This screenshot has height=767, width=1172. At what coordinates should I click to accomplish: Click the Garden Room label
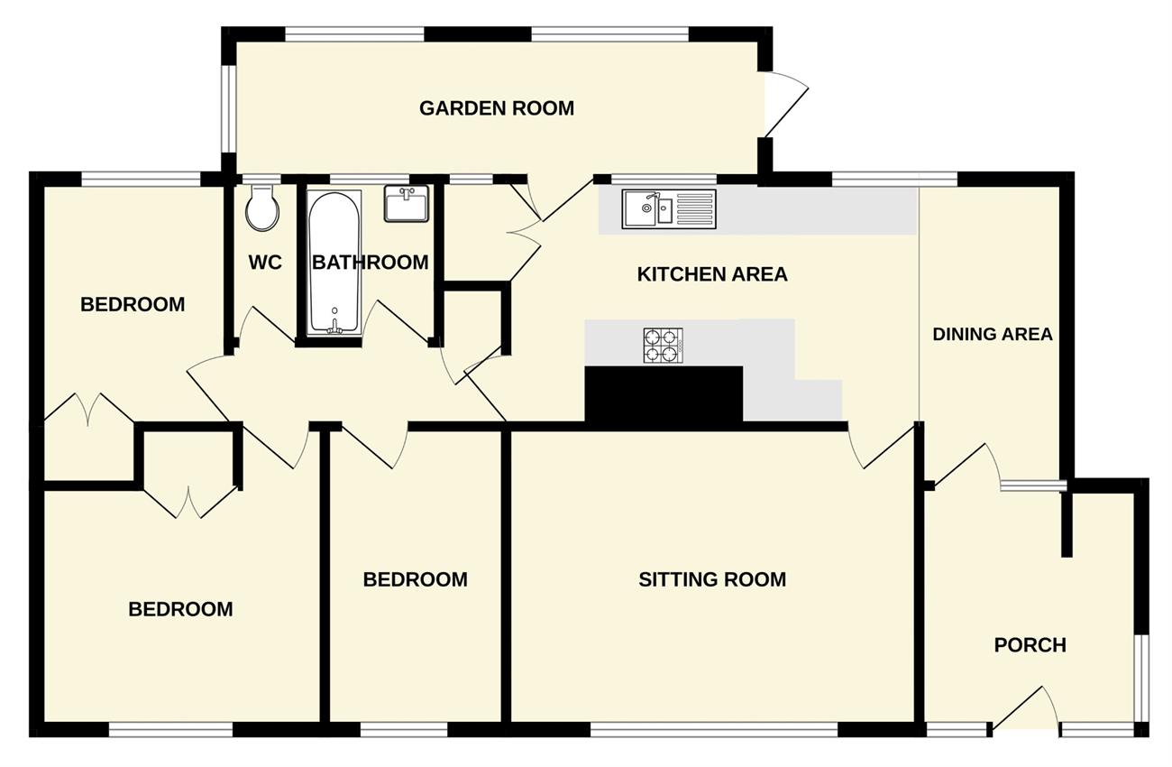[497, 108]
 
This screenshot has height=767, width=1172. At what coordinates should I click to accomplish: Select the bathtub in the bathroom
[334, 263]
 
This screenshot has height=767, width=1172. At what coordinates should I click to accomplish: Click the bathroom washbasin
[407, 203]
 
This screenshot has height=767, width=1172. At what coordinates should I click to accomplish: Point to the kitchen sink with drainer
[669, 209]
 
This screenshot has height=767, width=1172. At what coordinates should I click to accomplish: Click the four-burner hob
[663, 346]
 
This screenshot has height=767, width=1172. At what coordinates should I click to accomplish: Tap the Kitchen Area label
[712, 274]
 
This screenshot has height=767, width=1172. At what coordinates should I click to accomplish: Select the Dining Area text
[993, 334]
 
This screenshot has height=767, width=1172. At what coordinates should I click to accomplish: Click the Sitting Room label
[712, 579]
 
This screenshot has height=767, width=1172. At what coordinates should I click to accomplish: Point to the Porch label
[1030, 645]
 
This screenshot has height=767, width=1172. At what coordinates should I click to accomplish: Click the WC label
[265, 263]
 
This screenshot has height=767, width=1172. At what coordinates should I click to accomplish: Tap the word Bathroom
[371, 263]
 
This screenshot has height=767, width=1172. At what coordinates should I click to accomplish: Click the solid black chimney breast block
[664, 394]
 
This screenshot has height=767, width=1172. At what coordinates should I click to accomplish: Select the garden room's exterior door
[785, 107]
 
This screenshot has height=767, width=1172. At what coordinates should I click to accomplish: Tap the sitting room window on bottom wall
[714, 729]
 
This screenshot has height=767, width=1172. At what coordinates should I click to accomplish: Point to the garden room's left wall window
[228, 109]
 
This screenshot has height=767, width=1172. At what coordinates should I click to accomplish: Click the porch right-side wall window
[1143, 679]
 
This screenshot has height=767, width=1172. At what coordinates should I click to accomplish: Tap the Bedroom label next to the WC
[133, 304]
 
